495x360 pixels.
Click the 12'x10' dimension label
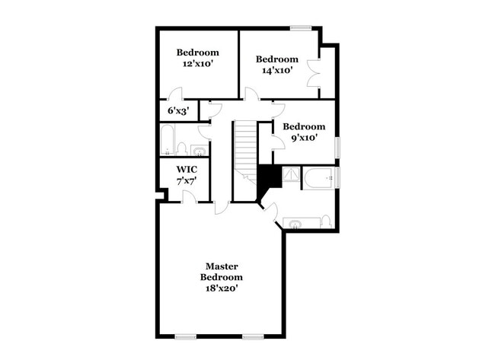[197, 65]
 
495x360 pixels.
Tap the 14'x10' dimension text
[276, 71]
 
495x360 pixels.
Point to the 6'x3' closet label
[177, 110]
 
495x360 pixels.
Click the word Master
[222, 266]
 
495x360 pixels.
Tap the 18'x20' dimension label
[222, 288]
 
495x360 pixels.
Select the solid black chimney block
[268, 180]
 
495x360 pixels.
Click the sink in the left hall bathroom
[199, 149]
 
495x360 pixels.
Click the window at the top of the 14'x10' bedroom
[301, 29]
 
